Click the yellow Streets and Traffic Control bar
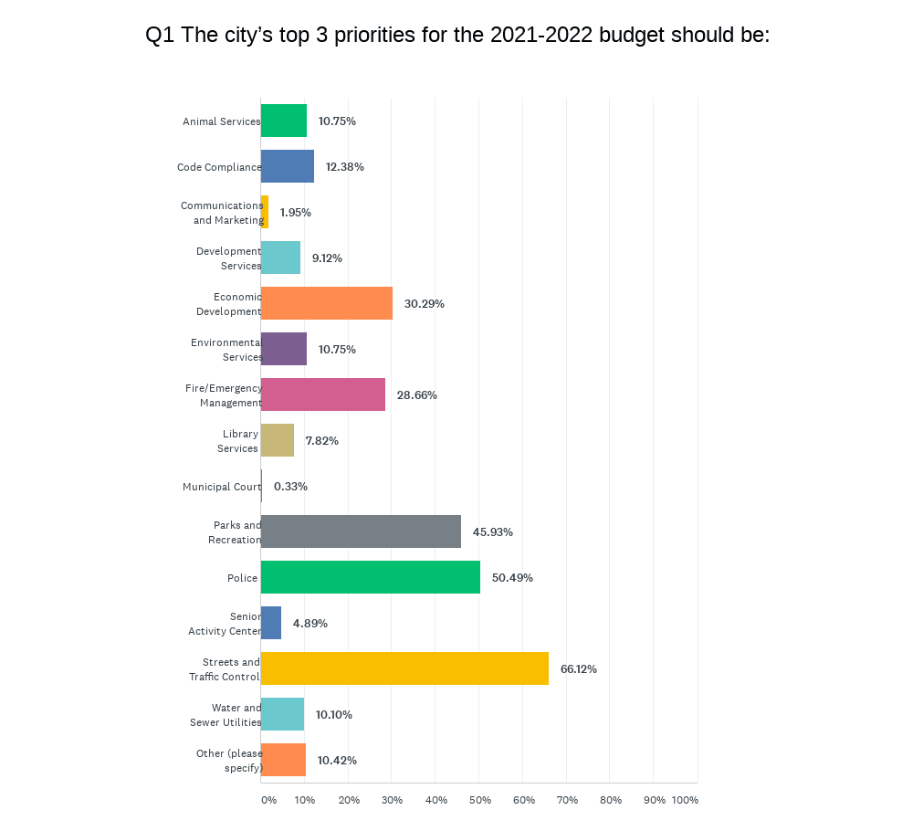[x=404, y=668]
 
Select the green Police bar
[x=370, y=577]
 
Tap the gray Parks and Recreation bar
[x=361, y=531]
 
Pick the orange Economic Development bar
[x=326, y=303]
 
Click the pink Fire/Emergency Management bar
[x=322, y=394]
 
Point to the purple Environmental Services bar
[x=283, y=349]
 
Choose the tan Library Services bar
[x=277, y=440]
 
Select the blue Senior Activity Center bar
[x=270, y=623]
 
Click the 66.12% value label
[x=578, y=669]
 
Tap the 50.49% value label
[x=512, y=578]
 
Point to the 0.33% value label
[x=290, y=487]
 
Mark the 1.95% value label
[x=295, y=213]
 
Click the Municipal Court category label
[x=221, y=487]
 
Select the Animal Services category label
[x=221, y=121]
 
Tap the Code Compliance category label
[x=218, y=167]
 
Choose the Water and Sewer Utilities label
[x=225, y=715]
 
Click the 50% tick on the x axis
[x=480, y=800]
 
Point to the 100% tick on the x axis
[x=685, y=800]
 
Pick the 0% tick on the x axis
[x=268, y=800]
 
